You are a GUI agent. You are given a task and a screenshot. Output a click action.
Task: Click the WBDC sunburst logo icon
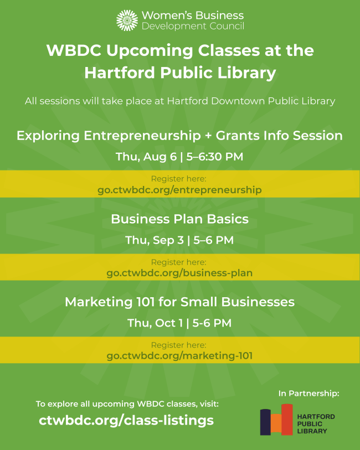click(x=127, y=20)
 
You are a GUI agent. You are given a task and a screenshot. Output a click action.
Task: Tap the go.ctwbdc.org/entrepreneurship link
click(x=179, y=190)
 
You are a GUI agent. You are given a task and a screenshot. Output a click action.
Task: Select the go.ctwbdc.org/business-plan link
click(x=179, y=273)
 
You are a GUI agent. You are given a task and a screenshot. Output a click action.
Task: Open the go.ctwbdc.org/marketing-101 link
click(x=179, y=355)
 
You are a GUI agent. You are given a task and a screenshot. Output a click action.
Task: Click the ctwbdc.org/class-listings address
click(x=126, y=421)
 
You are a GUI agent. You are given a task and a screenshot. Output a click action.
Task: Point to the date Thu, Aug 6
click(x=146, y=157)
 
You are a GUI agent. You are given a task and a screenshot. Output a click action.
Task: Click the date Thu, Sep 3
click(x=155, y=240)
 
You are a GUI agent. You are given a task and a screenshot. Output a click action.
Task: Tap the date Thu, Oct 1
click(x=155, y=323)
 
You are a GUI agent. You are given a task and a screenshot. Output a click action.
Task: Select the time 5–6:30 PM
click(x=215, y=157)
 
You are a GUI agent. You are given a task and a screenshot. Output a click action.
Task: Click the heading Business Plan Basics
click(x=179, y=219)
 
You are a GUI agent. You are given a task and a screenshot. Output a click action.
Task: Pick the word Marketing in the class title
click(x=99, y=302)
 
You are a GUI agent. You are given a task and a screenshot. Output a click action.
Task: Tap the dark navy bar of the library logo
click(x=265, y=422)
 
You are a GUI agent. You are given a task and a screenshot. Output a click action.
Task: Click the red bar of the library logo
click(x=287, y=420)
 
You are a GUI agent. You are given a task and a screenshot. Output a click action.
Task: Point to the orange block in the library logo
click(x=276, y=424)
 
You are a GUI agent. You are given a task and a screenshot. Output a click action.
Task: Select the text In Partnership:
click(x=309, y=394)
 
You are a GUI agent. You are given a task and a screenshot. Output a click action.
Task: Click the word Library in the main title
click(x=246, y=73)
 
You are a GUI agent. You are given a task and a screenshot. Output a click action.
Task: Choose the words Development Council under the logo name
click(x=193, y=26)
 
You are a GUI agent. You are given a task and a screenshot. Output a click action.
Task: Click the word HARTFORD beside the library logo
click(x=316, y=417)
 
